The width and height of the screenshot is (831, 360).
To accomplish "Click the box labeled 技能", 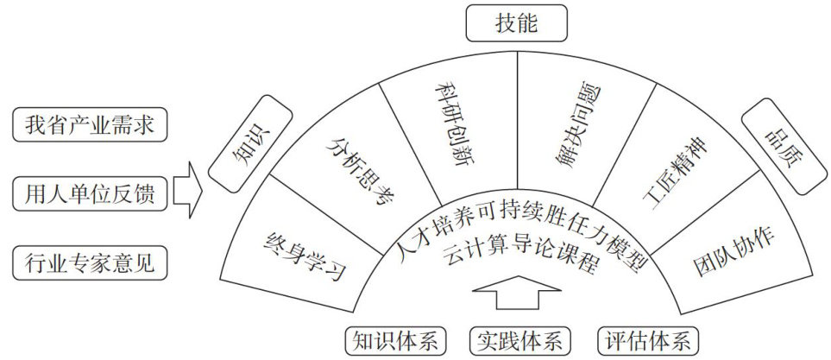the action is (x=516, y=23).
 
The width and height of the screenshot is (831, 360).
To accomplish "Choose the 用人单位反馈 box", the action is (x=90, y=193).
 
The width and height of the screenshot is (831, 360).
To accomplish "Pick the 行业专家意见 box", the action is (x=90, y=261).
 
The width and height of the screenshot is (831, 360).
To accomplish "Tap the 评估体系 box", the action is (x=648, y=339).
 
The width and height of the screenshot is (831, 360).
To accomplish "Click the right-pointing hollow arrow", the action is (x=187, y=193).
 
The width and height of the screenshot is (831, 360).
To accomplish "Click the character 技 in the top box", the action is (x=505, y=23).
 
